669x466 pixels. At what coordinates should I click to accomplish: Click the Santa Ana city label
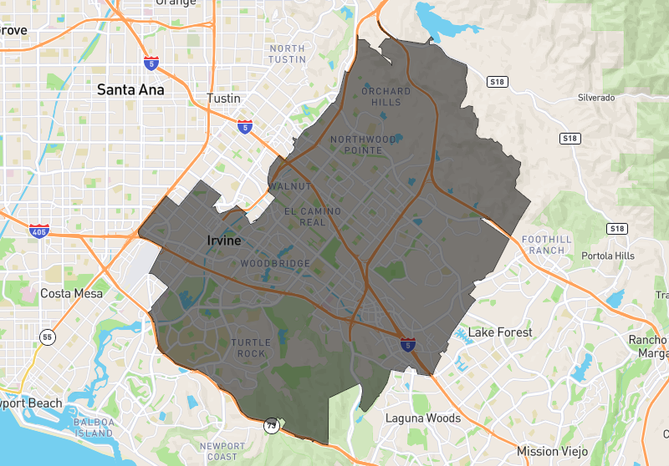pyautogui.click(x=130, y=89)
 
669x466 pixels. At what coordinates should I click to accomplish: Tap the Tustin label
pyautogui.click(x=222, y=99)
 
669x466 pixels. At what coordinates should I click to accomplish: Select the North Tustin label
pyautogui.click(x=288, y=53)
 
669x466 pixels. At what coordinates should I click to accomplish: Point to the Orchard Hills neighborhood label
pyautogui.click(x=386, y=96)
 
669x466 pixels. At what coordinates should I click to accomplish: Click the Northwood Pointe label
pyautogui.click(x=363, y=144)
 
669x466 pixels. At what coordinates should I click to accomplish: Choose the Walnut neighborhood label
pyautogui.click(x=290, y=186)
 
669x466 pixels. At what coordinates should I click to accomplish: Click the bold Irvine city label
pyautogui.click(x=223, y=241)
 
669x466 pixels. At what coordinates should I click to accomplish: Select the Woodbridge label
pyautogui.click(x=275, y=264)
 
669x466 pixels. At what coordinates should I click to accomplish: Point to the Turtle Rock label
pyautogui.click(x=248, y=347)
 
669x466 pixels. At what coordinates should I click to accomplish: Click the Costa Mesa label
pyautogui.click(x=71, y=293)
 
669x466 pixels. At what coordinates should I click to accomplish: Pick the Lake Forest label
pyautogui.click(x=499, y=332)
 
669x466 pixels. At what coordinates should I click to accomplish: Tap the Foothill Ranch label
pyautogui.click(x=547, y=245)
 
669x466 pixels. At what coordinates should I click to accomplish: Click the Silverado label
pyautogui.click(x=596, y=98)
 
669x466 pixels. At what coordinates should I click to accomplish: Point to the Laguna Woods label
pyautogui.click(x=422, y=418)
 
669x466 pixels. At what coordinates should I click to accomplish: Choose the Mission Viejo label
pyautogui.click(x=549, y=451)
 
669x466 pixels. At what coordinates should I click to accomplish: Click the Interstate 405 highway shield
pyautogui.click(x=38, y=230)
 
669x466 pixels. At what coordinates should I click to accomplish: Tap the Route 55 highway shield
pyautogui.click(x=49, y=337)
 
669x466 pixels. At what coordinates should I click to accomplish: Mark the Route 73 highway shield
pyautogui.click(x=271, y=424)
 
